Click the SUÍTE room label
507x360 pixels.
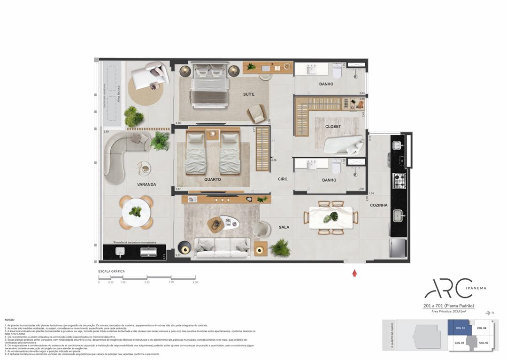(249, 94)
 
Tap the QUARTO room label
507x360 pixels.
(212, 179)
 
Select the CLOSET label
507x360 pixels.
(333, 127)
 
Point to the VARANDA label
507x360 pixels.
(146, 184)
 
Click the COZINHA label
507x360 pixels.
(378, 205)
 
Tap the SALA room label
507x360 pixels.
(284, 227)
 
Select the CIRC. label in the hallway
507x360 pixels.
(283, 179)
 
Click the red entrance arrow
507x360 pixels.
(354, 272)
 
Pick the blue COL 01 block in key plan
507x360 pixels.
(459, 328)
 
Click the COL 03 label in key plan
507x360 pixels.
(484, 343)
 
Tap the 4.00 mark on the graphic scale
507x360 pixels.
(195, 283)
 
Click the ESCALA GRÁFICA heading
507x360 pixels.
(111, 271)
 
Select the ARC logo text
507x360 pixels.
(448, 288)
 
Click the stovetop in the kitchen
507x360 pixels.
(399, 179)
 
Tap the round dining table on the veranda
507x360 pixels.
(135, 212)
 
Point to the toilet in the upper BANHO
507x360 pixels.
(337, 71)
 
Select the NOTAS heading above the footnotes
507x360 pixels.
(9, 320)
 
